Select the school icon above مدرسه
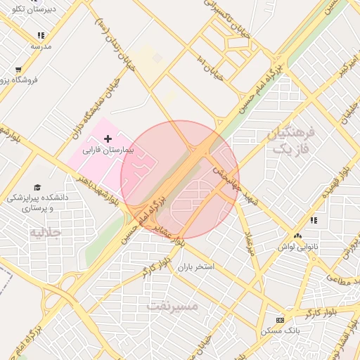coord(41,34)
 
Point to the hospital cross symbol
coord(107,140)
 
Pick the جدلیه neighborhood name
coord(45,231)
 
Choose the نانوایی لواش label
coord(293,247)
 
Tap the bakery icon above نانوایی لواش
coord(298,236)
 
